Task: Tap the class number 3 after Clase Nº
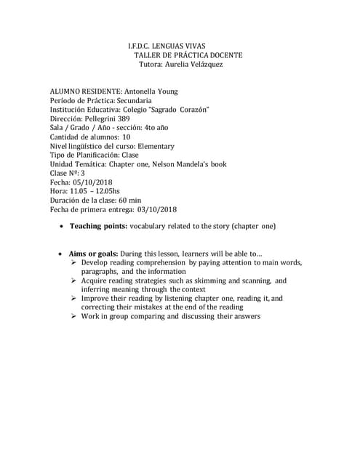pyautogui.click(x=83, y=173)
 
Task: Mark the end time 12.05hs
pyautogui.click(x=105, y=191)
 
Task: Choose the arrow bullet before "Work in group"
pyautogui.click(x=74, y=317)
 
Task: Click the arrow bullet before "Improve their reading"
pyautogui.click(x=74, y=299)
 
